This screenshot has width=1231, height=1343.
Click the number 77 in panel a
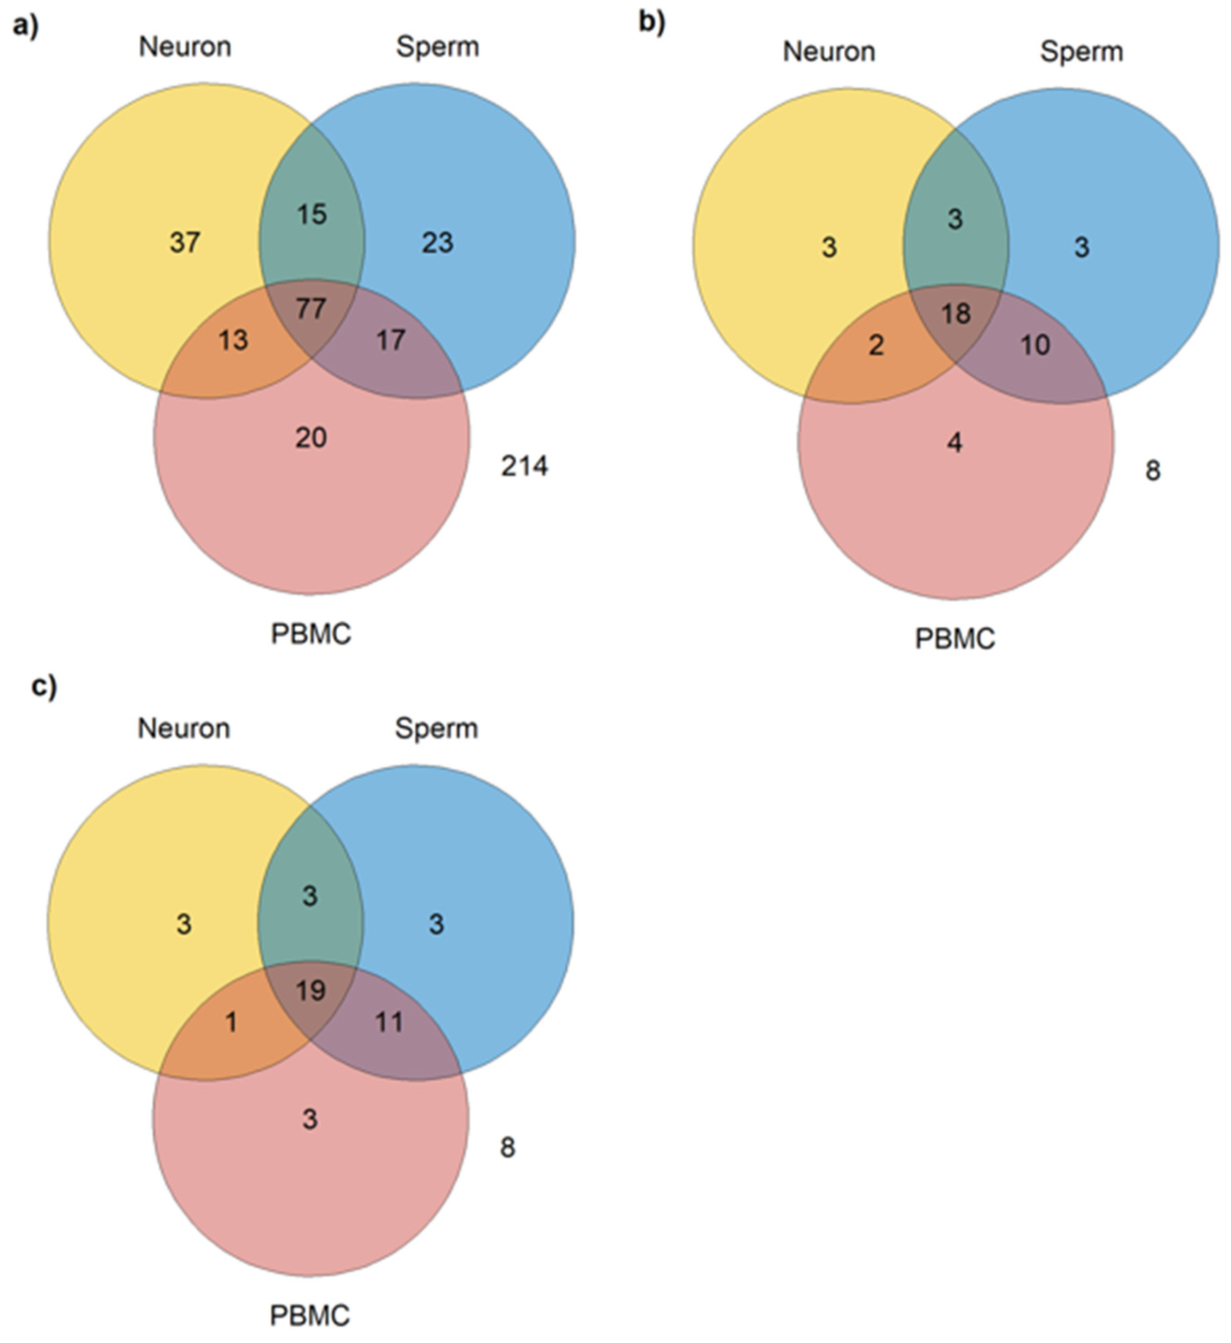(311, 309)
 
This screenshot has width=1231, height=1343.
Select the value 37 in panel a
(185, 242)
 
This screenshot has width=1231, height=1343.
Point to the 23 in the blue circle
(437, 242)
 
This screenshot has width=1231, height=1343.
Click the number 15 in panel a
(311, 214)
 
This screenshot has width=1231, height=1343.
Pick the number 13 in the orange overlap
(233, 340)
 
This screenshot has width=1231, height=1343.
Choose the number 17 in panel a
(390, 340)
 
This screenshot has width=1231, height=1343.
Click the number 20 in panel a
(311, 438)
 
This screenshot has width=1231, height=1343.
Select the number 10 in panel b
(1035, 345)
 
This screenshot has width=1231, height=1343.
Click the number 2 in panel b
(877, 345)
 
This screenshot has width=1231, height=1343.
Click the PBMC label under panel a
(311, 633)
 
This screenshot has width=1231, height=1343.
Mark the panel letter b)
(651, 23)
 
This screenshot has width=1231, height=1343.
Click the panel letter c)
(44, 686)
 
